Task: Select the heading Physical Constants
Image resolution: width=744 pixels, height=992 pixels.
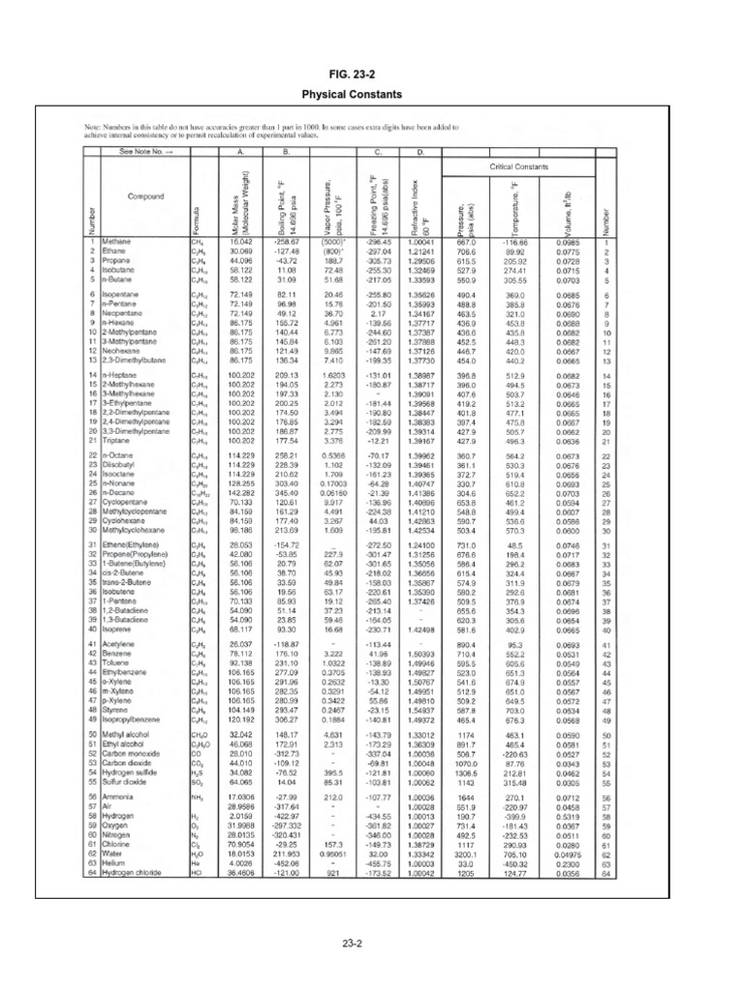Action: (372, 94)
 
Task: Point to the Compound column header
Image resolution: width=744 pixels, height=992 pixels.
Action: (144, 197)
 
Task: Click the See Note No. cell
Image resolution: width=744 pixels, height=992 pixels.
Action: (145, 151)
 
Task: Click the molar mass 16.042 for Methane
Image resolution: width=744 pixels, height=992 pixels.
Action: (241, 242)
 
